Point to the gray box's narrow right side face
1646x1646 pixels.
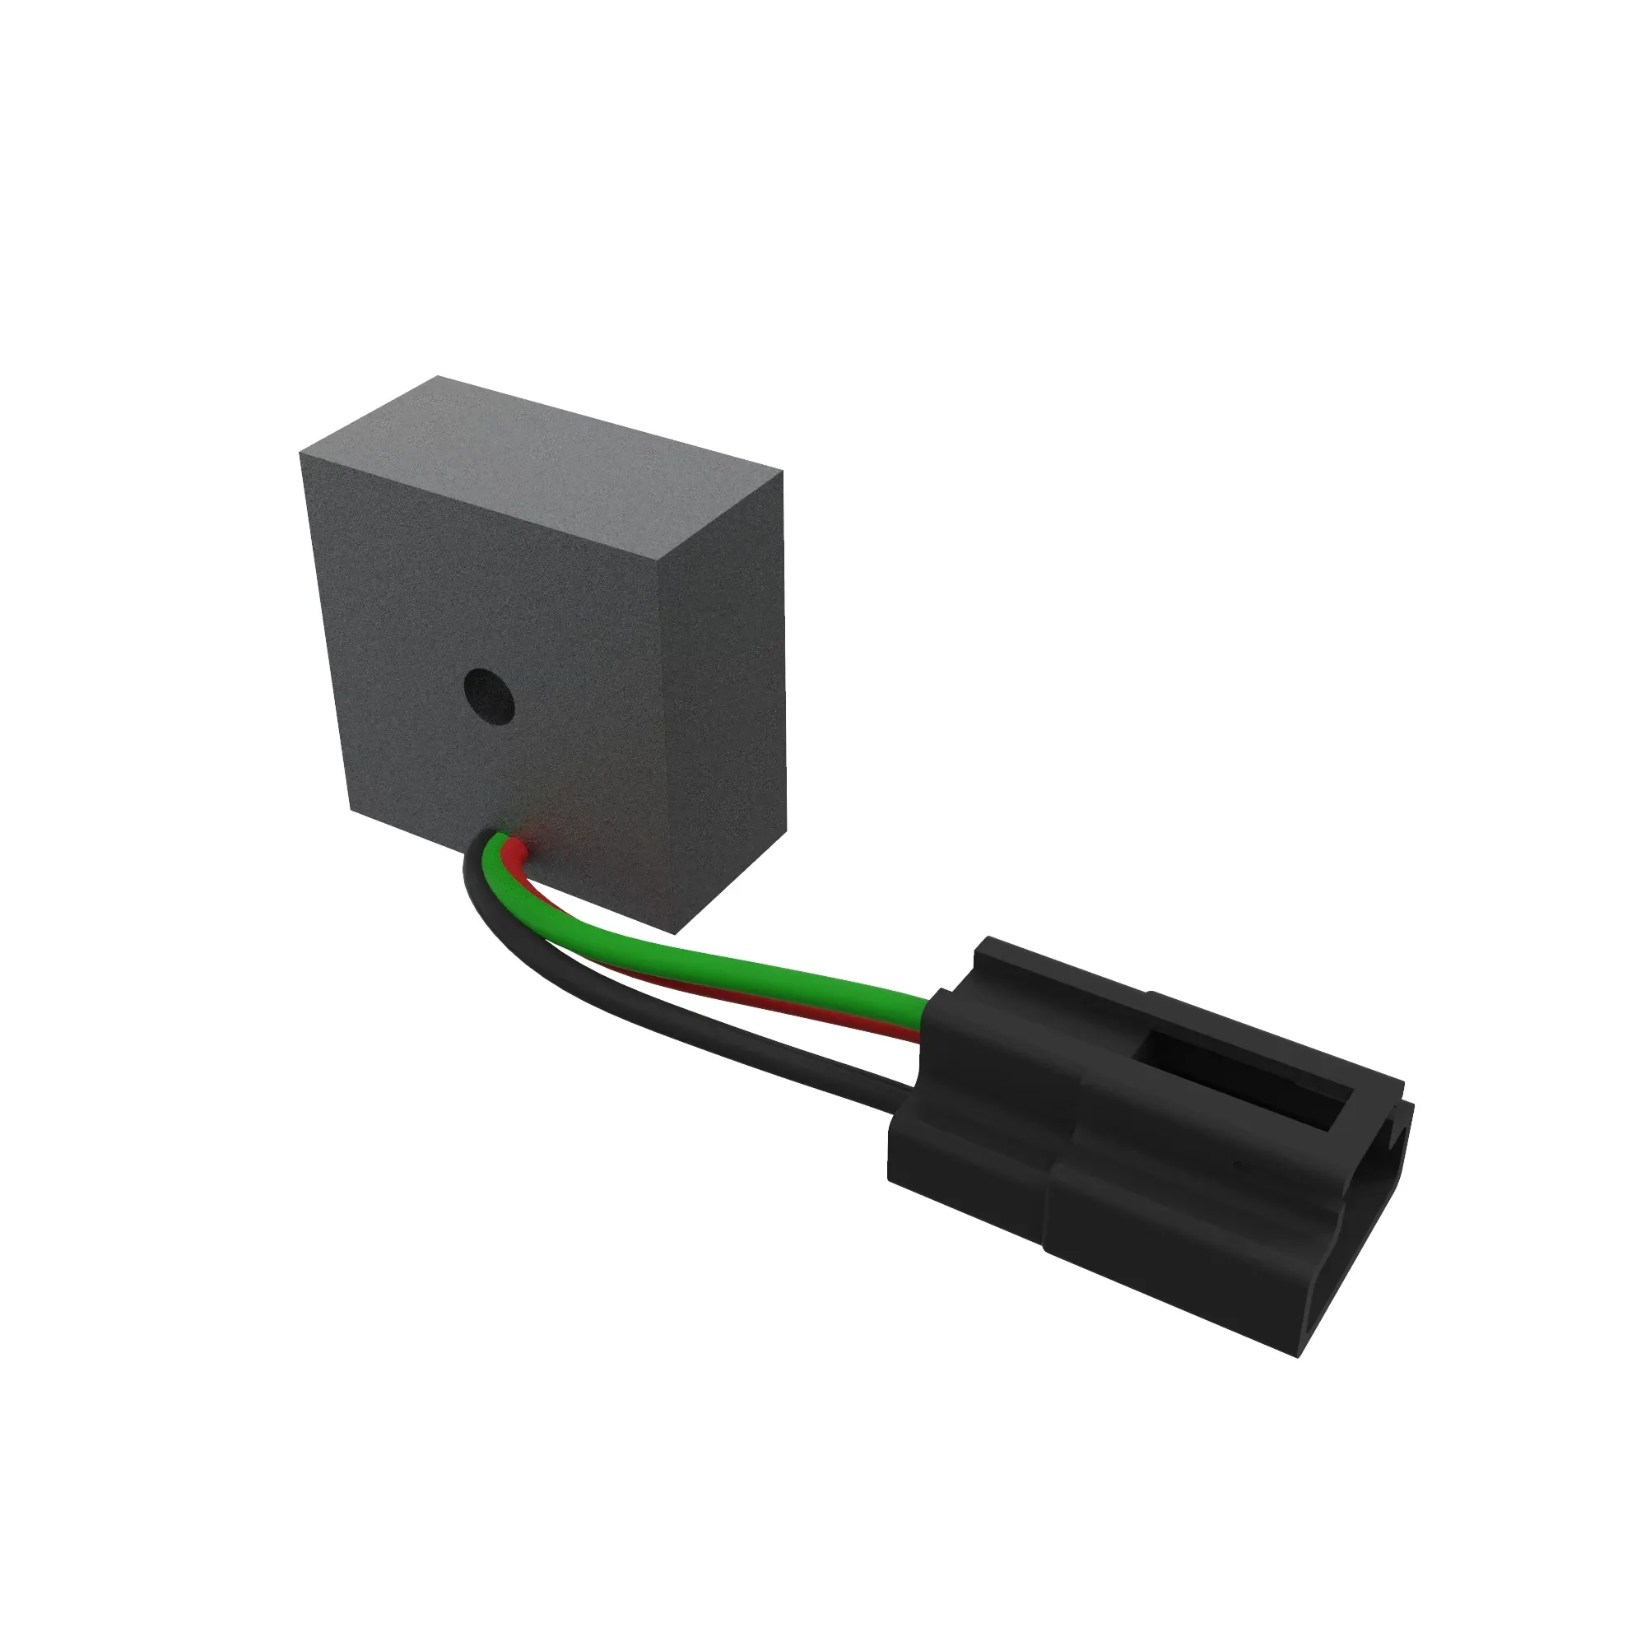tap(724, 681)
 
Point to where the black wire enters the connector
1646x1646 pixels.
tap(900, 1087)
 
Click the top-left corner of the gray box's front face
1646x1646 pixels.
tap(300, 453)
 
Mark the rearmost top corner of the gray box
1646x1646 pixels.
tap(437, 376)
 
